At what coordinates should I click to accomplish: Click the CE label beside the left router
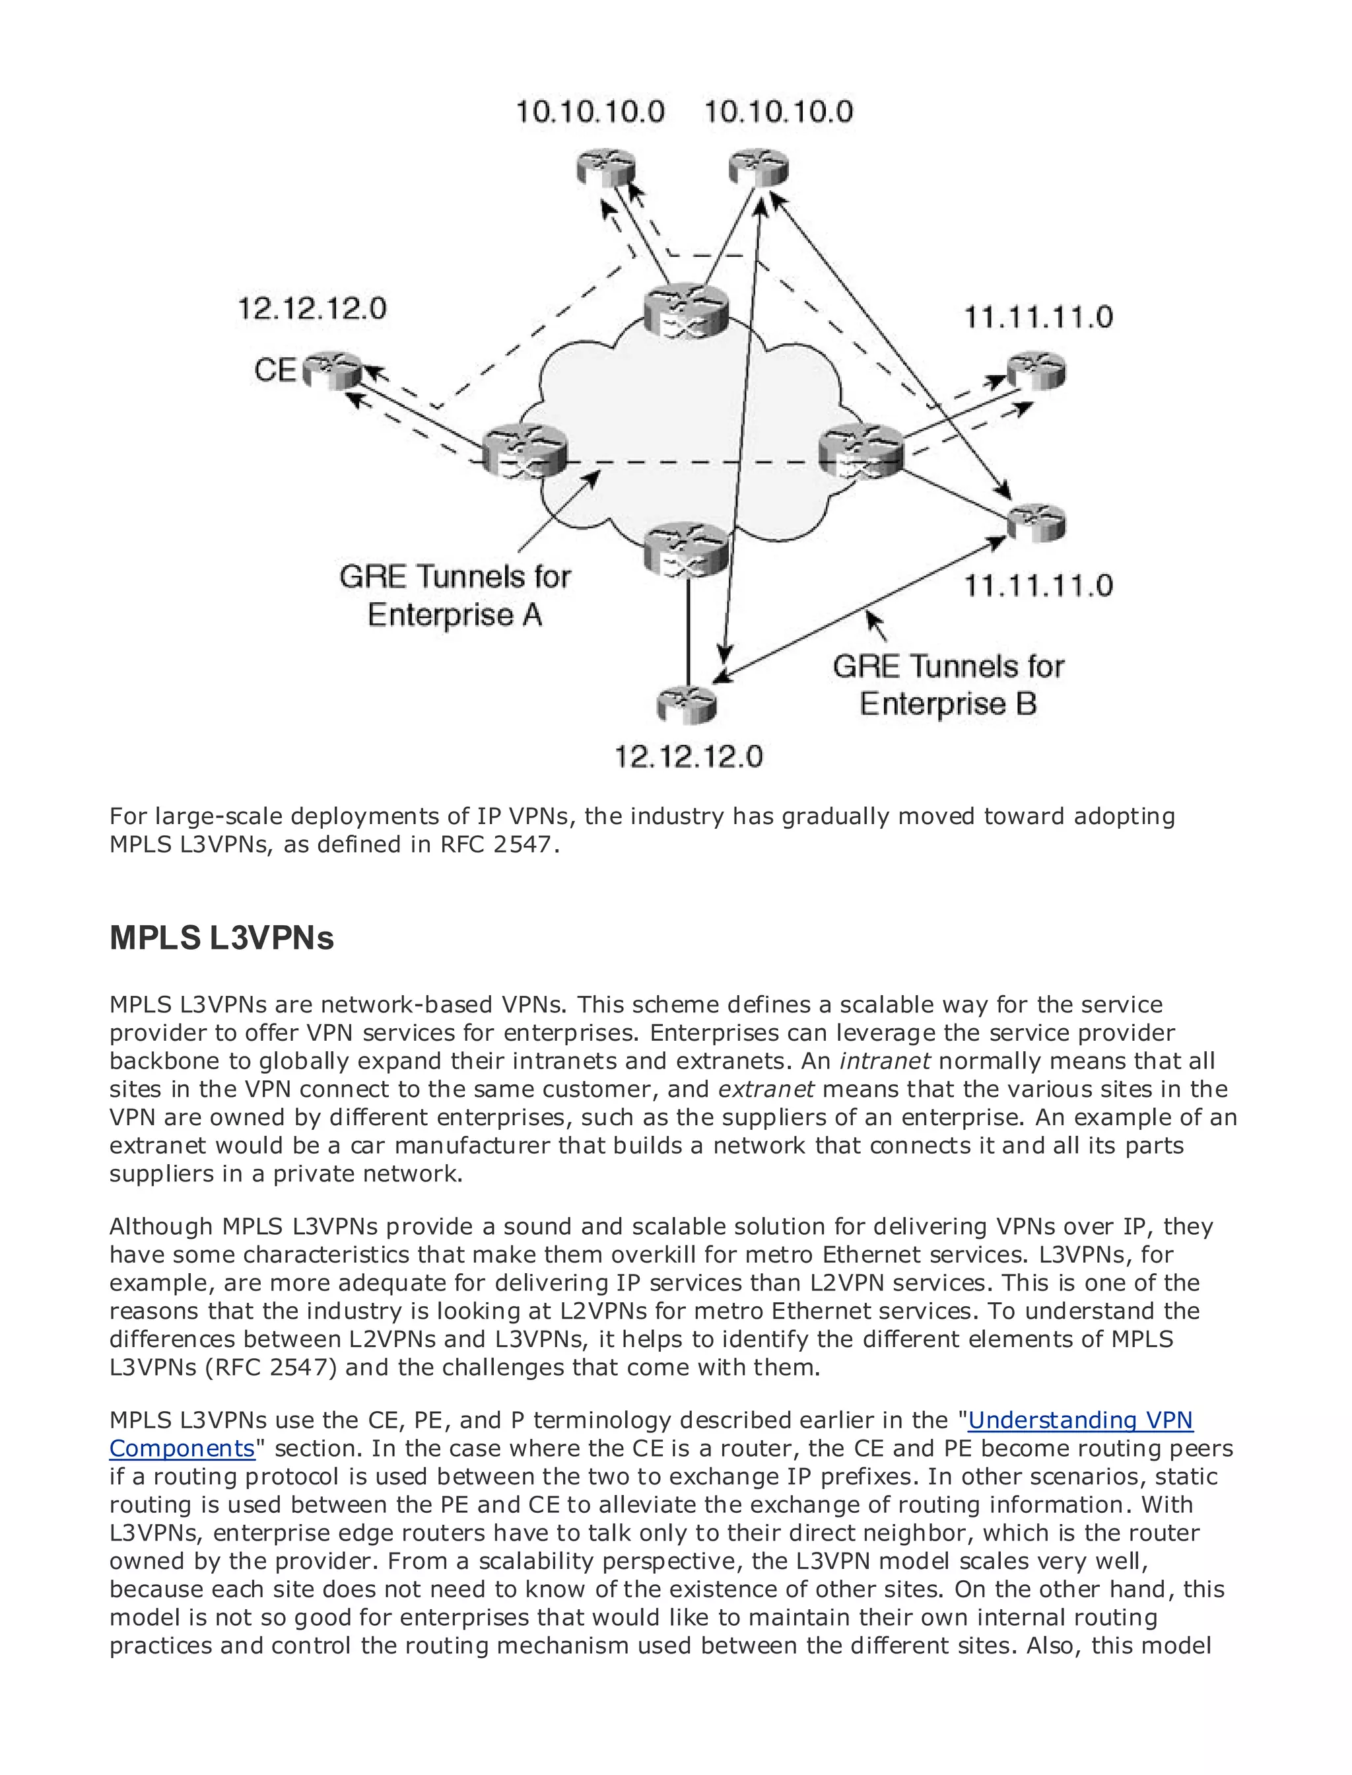[275, 370]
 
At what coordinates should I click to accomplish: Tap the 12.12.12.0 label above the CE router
[312, 308]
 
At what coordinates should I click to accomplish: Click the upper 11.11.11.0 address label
[1038, 317]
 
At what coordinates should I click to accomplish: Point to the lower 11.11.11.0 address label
[1038, 585]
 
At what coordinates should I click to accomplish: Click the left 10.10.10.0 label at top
[590, 111]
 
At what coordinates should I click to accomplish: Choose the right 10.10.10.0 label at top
[778, 111]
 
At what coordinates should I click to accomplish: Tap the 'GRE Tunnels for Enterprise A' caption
[455, 596]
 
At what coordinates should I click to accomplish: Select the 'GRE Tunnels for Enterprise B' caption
[948, 685]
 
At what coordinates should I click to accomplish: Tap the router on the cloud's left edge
[525, 452]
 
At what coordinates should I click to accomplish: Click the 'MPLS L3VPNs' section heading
[221, 938]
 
